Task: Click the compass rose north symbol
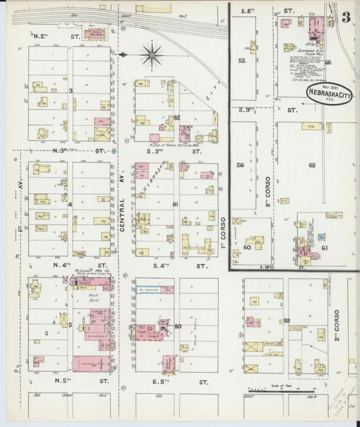click(x=152, y=54)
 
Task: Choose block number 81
click(x=175, y=204)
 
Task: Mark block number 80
click(x=178, y=326)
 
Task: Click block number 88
click(x=286, y=320)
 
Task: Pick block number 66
click(x=328, y=62)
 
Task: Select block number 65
click(x=312, y=165)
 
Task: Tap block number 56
click(x=240, y=165)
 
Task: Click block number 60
click(x=247, y=247)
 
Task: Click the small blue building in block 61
click(x=322, y=237)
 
